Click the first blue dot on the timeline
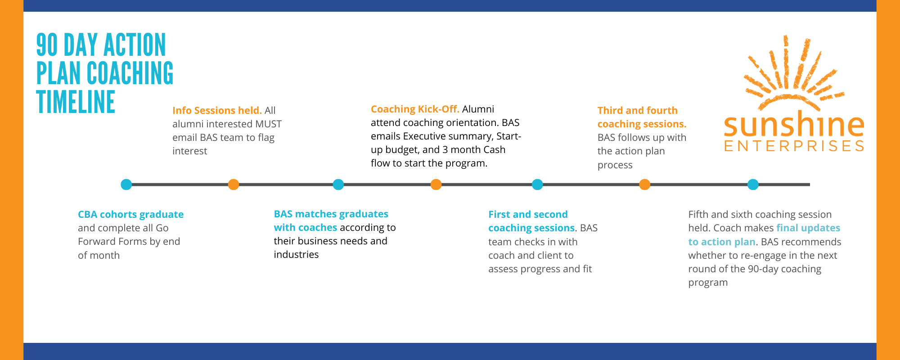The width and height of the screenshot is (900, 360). pos(126,184)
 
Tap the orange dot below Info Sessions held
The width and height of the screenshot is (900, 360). pos(233,184)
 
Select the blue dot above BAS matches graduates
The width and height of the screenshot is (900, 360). pos(338,184)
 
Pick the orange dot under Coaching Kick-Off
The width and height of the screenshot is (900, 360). pos(436,184)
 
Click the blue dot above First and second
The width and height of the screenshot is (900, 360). pos(537,184)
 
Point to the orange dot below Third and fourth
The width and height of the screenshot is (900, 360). pos(644,184)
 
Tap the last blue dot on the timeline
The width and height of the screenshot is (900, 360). pos(753,184)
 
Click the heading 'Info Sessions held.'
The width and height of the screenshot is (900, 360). pos(217,111)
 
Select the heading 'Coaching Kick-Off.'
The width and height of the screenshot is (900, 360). pos(415,109)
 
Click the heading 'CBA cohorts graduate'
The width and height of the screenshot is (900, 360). pos(130,215)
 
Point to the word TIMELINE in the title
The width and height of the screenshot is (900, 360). pos(76,102)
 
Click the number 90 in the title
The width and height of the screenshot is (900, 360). pos(47,45)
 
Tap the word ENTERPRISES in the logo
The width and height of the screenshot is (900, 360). pos(794,146)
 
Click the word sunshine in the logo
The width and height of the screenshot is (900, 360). pos(794,125)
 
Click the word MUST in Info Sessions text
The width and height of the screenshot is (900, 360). pos(268,124)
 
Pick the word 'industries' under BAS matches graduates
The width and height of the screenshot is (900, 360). pos(296,255)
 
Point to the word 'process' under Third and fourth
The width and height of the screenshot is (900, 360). pos(615,165)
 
